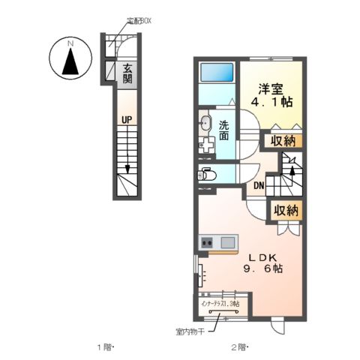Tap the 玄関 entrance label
click(126, 73)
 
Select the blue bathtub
click(218, 73)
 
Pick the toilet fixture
click(207, 175)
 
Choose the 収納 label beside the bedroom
click(283, 140)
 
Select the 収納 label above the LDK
click(286, 211)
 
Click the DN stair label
click(259, 186)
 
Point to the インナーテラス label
click(219, 304)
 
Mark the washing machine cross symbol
click(206, 145)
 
